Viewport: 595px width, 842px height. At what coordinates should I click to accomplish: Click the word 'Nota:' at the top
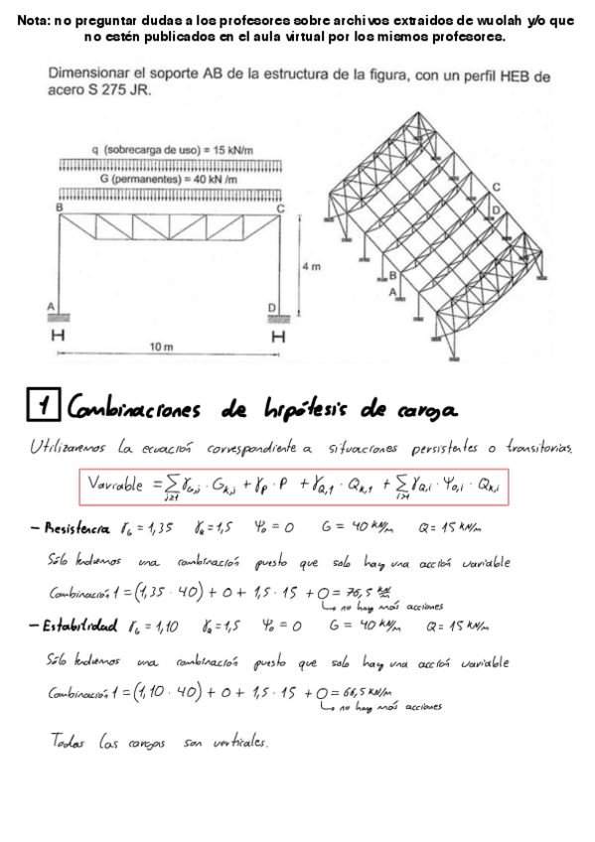37,20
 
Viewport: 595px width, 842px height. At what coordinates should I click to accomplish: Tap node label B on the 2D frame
60,207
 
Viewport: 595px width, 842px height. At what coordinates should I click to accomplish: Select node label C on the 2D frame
281,208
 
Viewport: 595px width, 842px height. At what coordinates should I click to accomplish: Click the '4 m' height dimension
311,266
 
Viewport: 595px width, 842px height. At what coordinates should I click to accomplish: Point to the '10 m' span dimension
161,347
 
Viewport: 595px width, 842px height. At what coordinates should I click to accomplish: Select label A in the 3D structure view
391,290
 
